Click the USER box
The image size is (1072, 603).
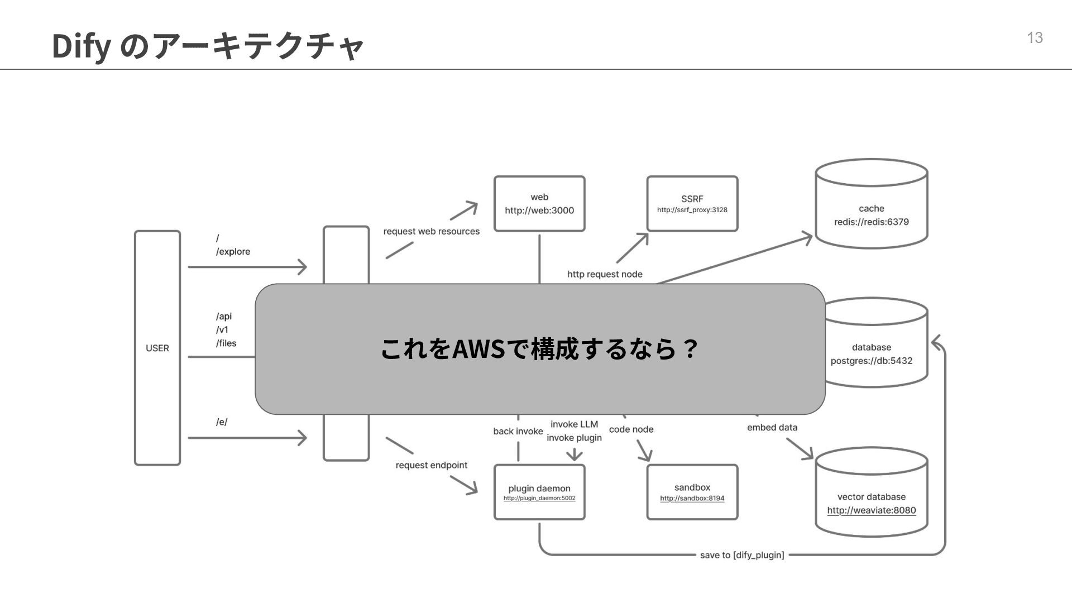coord(157,348)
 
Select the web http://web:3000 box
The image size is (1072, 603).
coord(539,204)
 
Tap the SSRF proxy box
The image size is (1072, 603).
coord(692,204)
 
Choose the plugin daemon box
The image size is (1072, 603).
coord(539,492)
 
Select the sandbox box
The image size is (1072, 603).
coord(692,492)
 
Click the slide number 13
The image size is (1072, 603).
coord(1035,38)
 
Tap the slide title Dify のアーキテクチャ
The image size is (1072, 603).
coord(208,46)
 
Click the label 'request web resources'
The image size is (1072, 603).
coord(431,231)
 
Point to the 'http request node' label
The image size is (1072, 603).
coord(605,274)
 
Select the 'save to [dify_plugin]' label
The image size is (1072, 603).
coord(742,555)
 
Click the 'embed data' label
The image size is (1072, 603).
coord(772,428)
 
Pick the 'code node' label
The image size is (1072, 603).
coord(631,429)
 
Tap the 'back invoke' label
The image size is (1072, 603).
coord(518,431)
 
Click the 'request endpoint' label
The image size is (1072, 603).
coord(431,465)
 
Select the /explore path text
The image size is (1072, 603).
coord(233,252)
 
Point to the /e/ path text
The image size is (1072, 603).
coord(222,422)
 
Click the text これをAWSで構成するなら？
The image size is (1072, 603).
coord(539,349)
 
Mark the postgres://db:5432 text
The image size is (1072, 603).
coord(871,361)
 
